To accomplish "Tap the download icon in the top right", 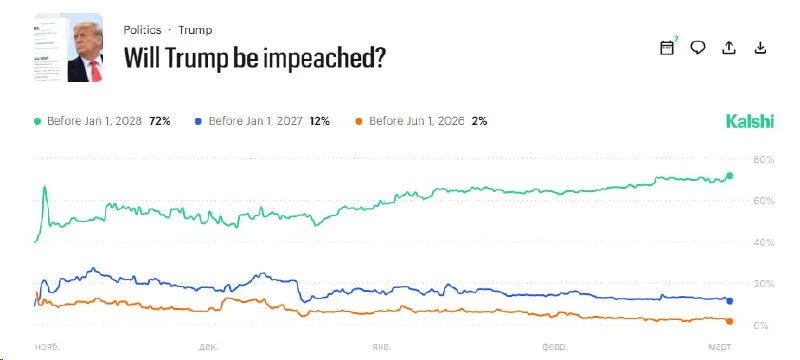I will click(760, 47).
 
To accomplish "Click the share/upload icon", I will click(729, 47).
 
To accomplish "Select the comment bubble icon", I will click(699, 47).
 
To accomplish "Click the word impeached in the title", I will click(324, 59).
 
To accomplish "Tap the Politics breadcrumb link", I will click(142, 30).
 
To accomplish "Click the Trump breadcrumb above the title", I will click(195, 30).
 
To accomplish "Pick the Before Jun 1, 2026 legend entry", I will click(421, 121).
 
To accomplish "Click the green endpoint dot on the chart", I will click(730, 176).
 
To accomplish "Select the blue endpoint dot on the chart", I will click(730, 301).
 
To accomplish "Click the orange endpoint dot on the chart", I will click(730, 321).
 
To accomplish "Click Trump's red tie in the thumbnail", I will click(95, 70).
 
